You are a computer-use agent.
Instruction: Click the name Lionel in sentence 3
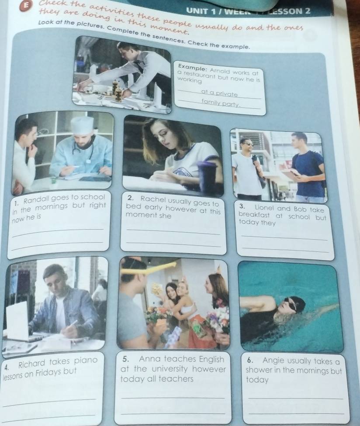pos(265,209)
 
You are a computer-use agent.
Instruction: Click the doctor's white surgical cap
pos(82,124)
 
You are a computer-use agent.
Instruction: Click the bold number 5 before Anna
pos(125,359)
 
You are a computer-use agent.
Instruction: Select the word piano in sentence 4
pos(86,361)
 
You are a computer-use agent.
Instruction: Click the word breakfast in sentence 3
pos(254,215)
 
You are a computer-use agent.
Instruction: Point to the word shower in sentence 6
pos(256,370)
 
